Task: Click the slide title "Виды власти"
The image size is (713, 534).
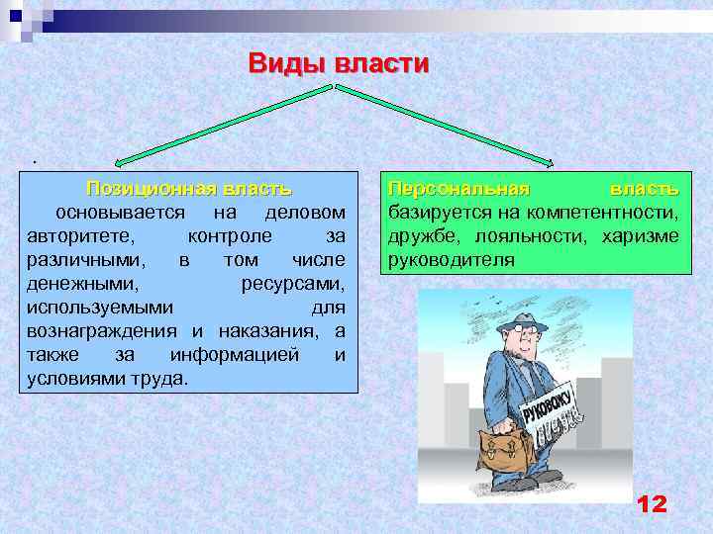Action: point(339,64)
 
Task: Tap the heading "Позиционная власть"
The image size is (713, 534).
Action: point(188,188)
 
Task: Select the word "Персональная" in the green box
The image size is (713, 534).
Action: point(458,188)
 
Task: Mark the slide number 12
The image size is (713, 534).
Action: point(652,503)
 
